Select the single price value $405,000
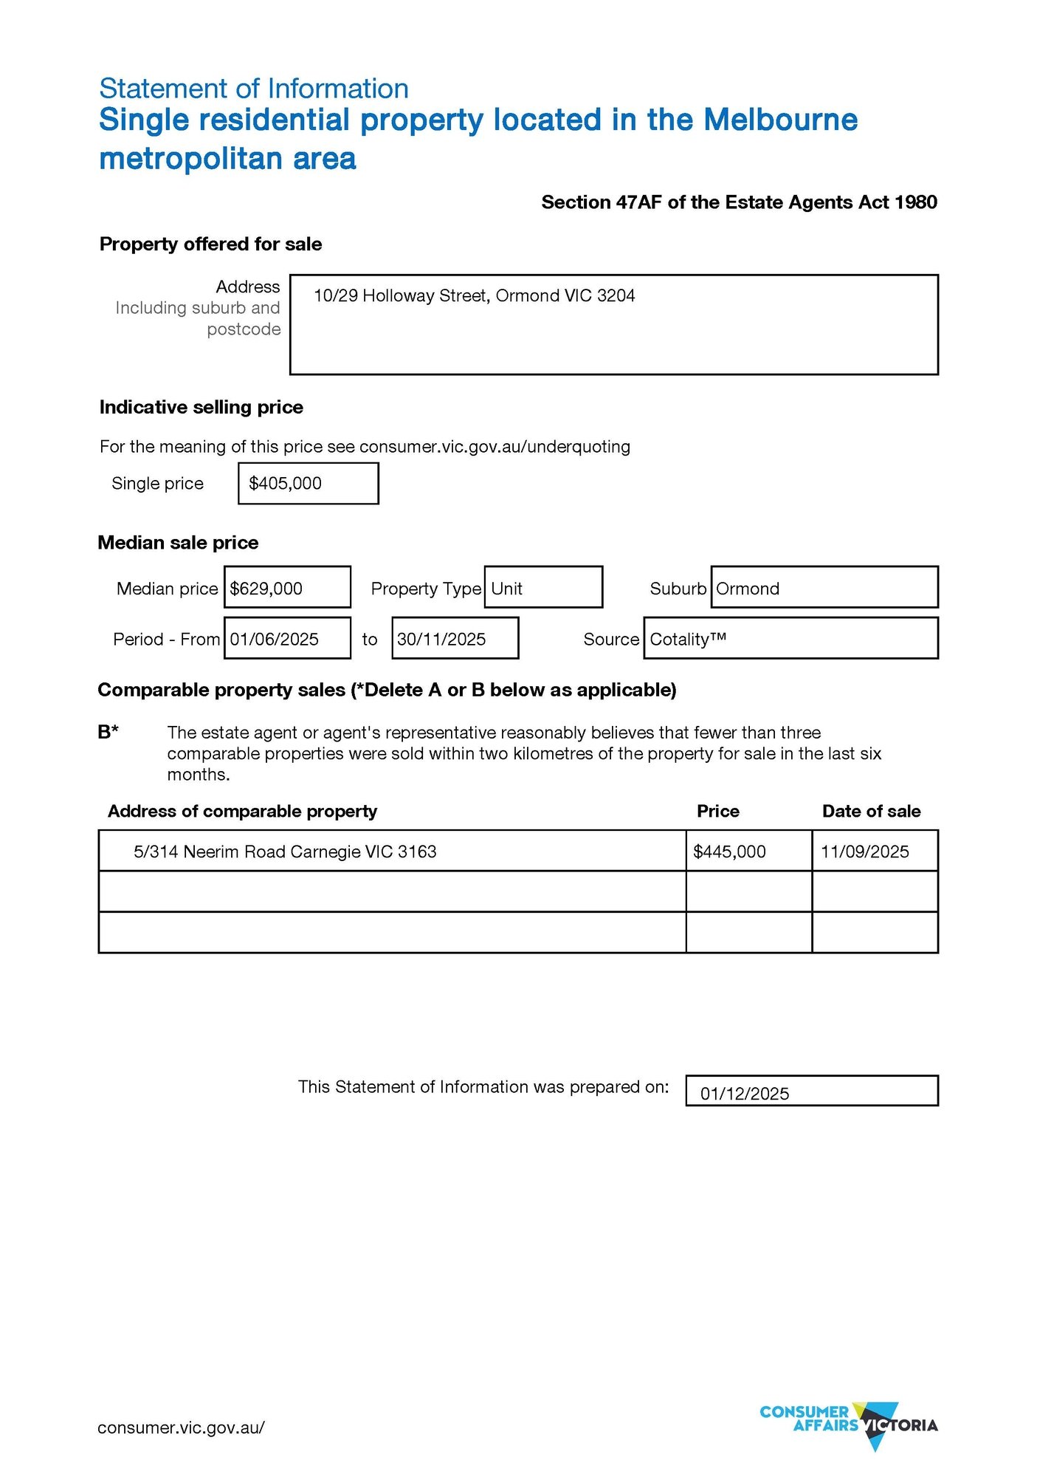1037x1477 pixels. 286,484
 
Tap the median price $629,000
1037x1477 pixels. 266,589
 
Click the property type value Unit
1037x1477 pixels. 507,589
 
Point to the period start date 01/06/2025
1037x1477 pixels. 275,639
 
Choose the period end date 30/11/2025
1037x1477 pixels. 441,639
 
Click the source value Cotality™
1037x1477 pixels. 688,639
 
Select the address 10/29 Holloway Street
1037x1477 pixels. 474,296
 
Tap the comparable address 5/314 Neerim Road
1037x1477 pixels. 285,851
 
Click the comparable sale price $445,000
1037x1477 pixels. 729,851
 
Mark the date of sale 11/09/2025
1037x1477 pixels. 865,851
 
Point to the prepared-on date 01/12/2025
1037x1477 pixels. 745,1094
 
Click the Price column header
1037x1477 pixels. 718,811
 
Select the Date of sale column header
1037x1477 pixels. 871,811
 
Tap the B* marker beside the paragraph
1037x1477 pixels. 108,732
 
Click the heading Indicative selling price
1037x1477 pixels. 201,407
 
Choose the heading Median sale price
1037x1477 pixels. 179,543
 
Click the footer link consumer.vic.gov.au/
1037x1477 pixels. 181,1428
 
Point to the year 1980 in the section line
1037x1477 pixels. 916,202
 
